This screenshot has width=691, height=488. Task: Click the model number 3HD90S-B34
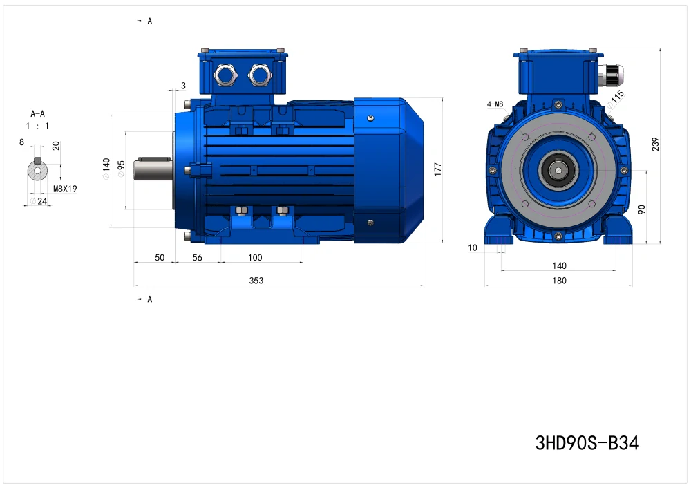[x=587, y=442]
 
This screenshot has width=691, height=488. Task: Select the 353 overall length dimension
[x=256, y=281]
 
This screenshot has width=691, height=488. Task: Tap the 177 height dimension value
[x=437, y=169]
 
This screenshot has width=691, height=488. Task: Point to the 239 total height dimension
[x=655, y=144]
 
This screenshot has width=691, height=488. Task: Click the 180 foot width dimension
[x=559, y=281]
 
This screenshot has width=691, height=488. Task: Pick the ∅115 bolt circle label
[x=615, y=99]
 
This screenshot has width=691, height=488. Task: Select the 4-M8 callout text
[x=495, y=104]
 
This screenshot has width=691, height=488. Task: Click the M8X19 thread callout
[x=65, y=189]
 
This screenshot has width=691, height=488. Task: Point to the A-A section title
[x=37, y=114]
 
